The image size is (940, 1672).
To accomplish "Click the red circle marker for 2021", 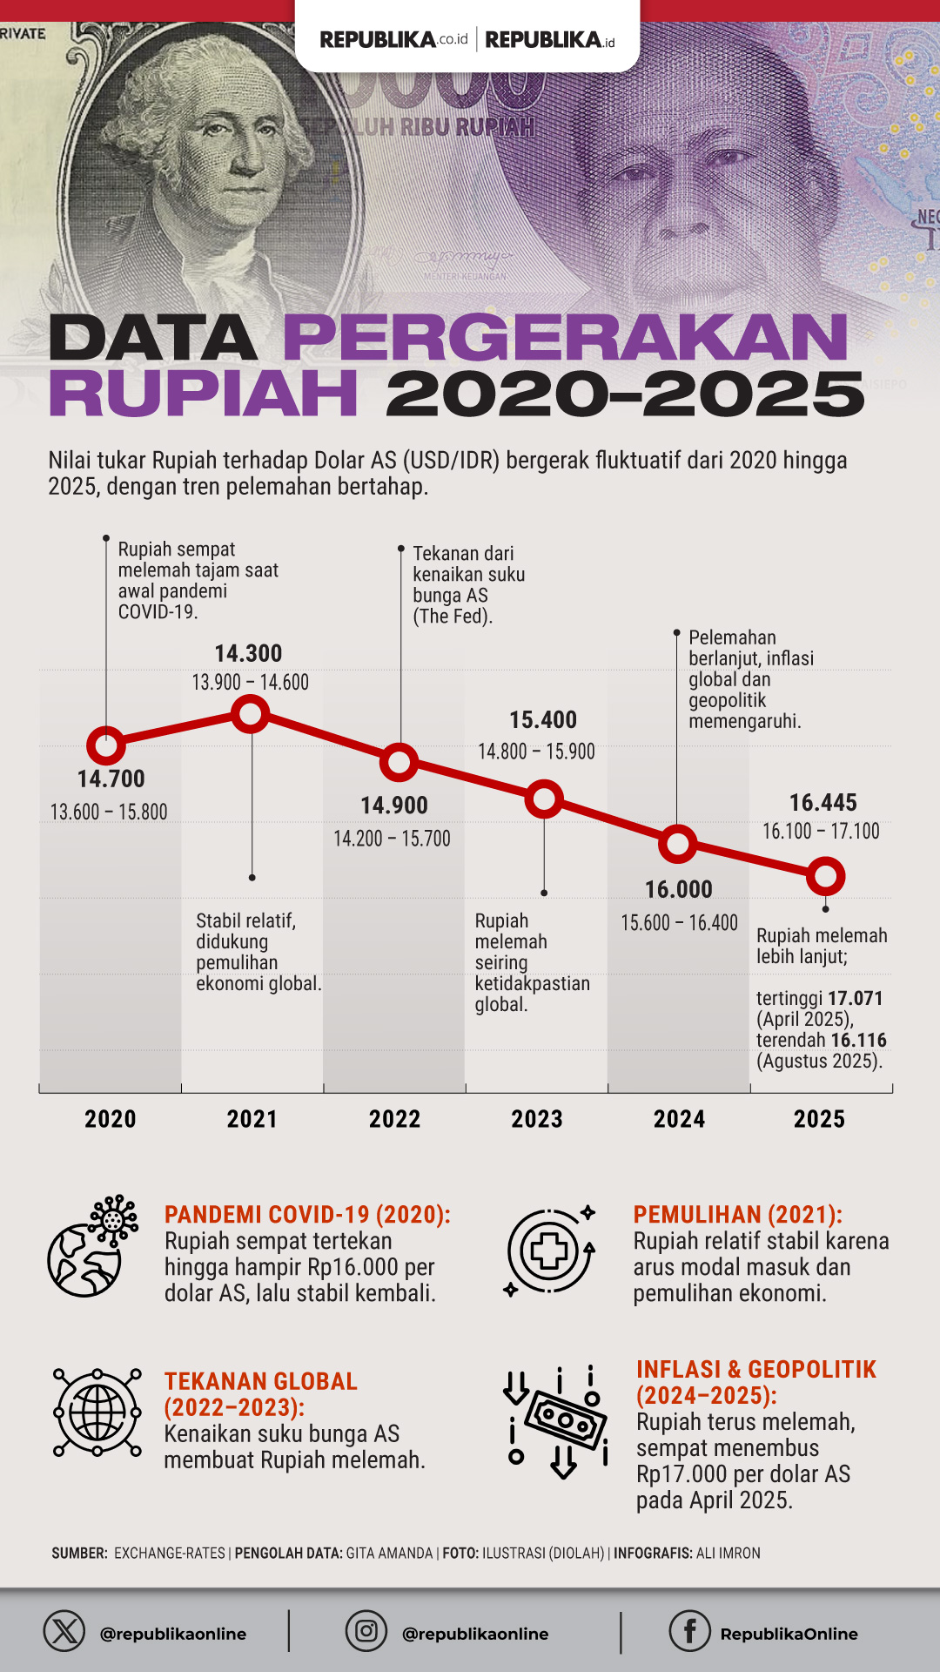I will coord(251,714).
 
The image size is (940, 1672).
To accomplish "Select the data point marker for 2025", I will coord(825,876).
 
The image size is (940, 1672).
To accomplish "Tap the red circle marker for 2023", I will coord(544,799).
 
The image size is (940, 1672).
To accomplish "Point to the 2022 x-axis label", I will coord(394,1119).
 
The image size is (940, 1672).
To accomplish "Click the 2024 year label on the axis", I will coord(679,1119).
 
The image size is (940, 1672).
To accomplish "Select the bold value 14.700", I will coord(111,779).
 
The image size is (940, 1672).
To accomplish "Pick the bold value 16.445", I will coord(822,802).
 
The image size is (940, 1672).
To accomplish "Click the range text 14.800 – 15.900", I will coord(536,752).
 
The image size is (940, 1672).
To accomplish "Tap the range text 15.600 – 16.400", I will coord(679,922).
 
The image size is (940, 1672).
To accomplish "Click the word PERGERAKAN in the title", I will coord(566,338).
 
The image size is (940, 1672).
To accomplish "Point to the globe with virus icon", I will coord(92,1246).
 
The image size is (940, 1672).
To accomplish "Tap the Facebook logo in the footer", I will coord(689,1631).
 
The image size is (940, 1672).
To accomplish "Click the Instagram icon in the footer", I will coord(366,1631).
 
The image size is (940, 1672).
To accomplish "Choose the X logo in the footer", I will coord(64,1631).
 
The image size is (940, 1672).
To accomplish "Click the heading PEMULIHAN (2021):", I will coord(737,1215).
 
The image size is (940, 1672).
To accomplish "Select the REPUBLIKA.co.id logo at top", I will coord(393,39).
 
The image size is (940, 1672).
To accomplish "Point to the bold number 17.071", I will coord(856,998).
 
